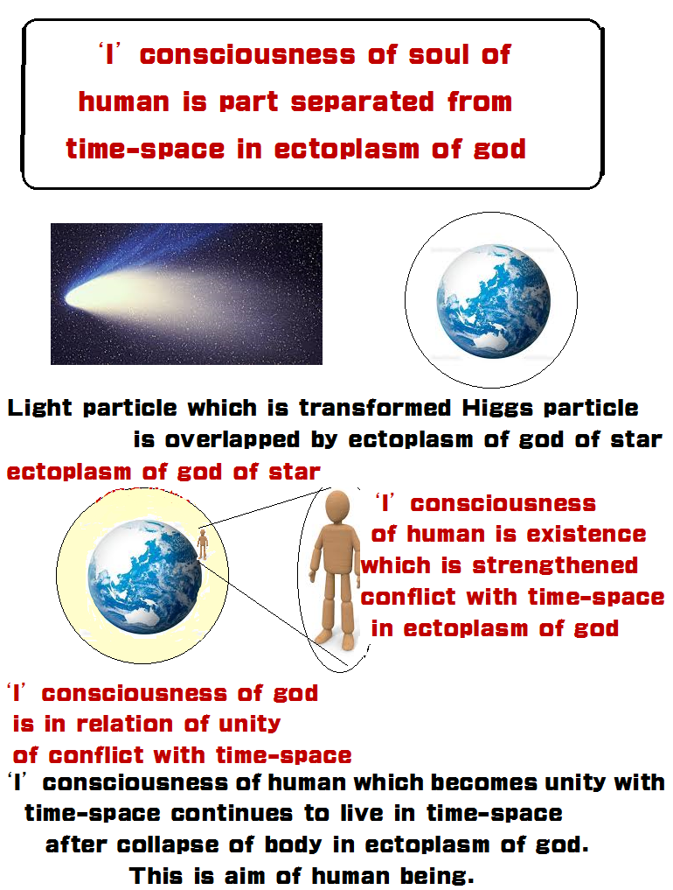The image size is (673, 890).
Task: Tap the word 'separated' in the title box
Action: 363,102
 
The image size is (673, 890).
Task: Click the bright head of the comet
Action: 79,298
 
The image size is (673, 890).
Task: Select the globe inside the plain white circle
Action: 493,301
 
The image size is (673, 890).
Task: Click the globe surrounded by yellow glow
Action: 144,577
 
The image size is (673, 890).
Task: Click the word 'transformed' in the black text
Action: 375,408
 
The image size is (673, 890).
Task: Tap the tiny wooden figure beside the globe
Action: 202,544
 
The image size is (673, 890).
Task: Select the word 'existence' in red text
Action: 586,535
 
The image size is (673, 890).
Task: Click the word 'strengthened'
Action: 555,566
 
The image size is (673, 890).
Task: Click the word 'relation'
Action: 124,725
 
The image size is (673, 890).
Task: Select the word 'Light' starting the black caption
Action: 39,409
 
